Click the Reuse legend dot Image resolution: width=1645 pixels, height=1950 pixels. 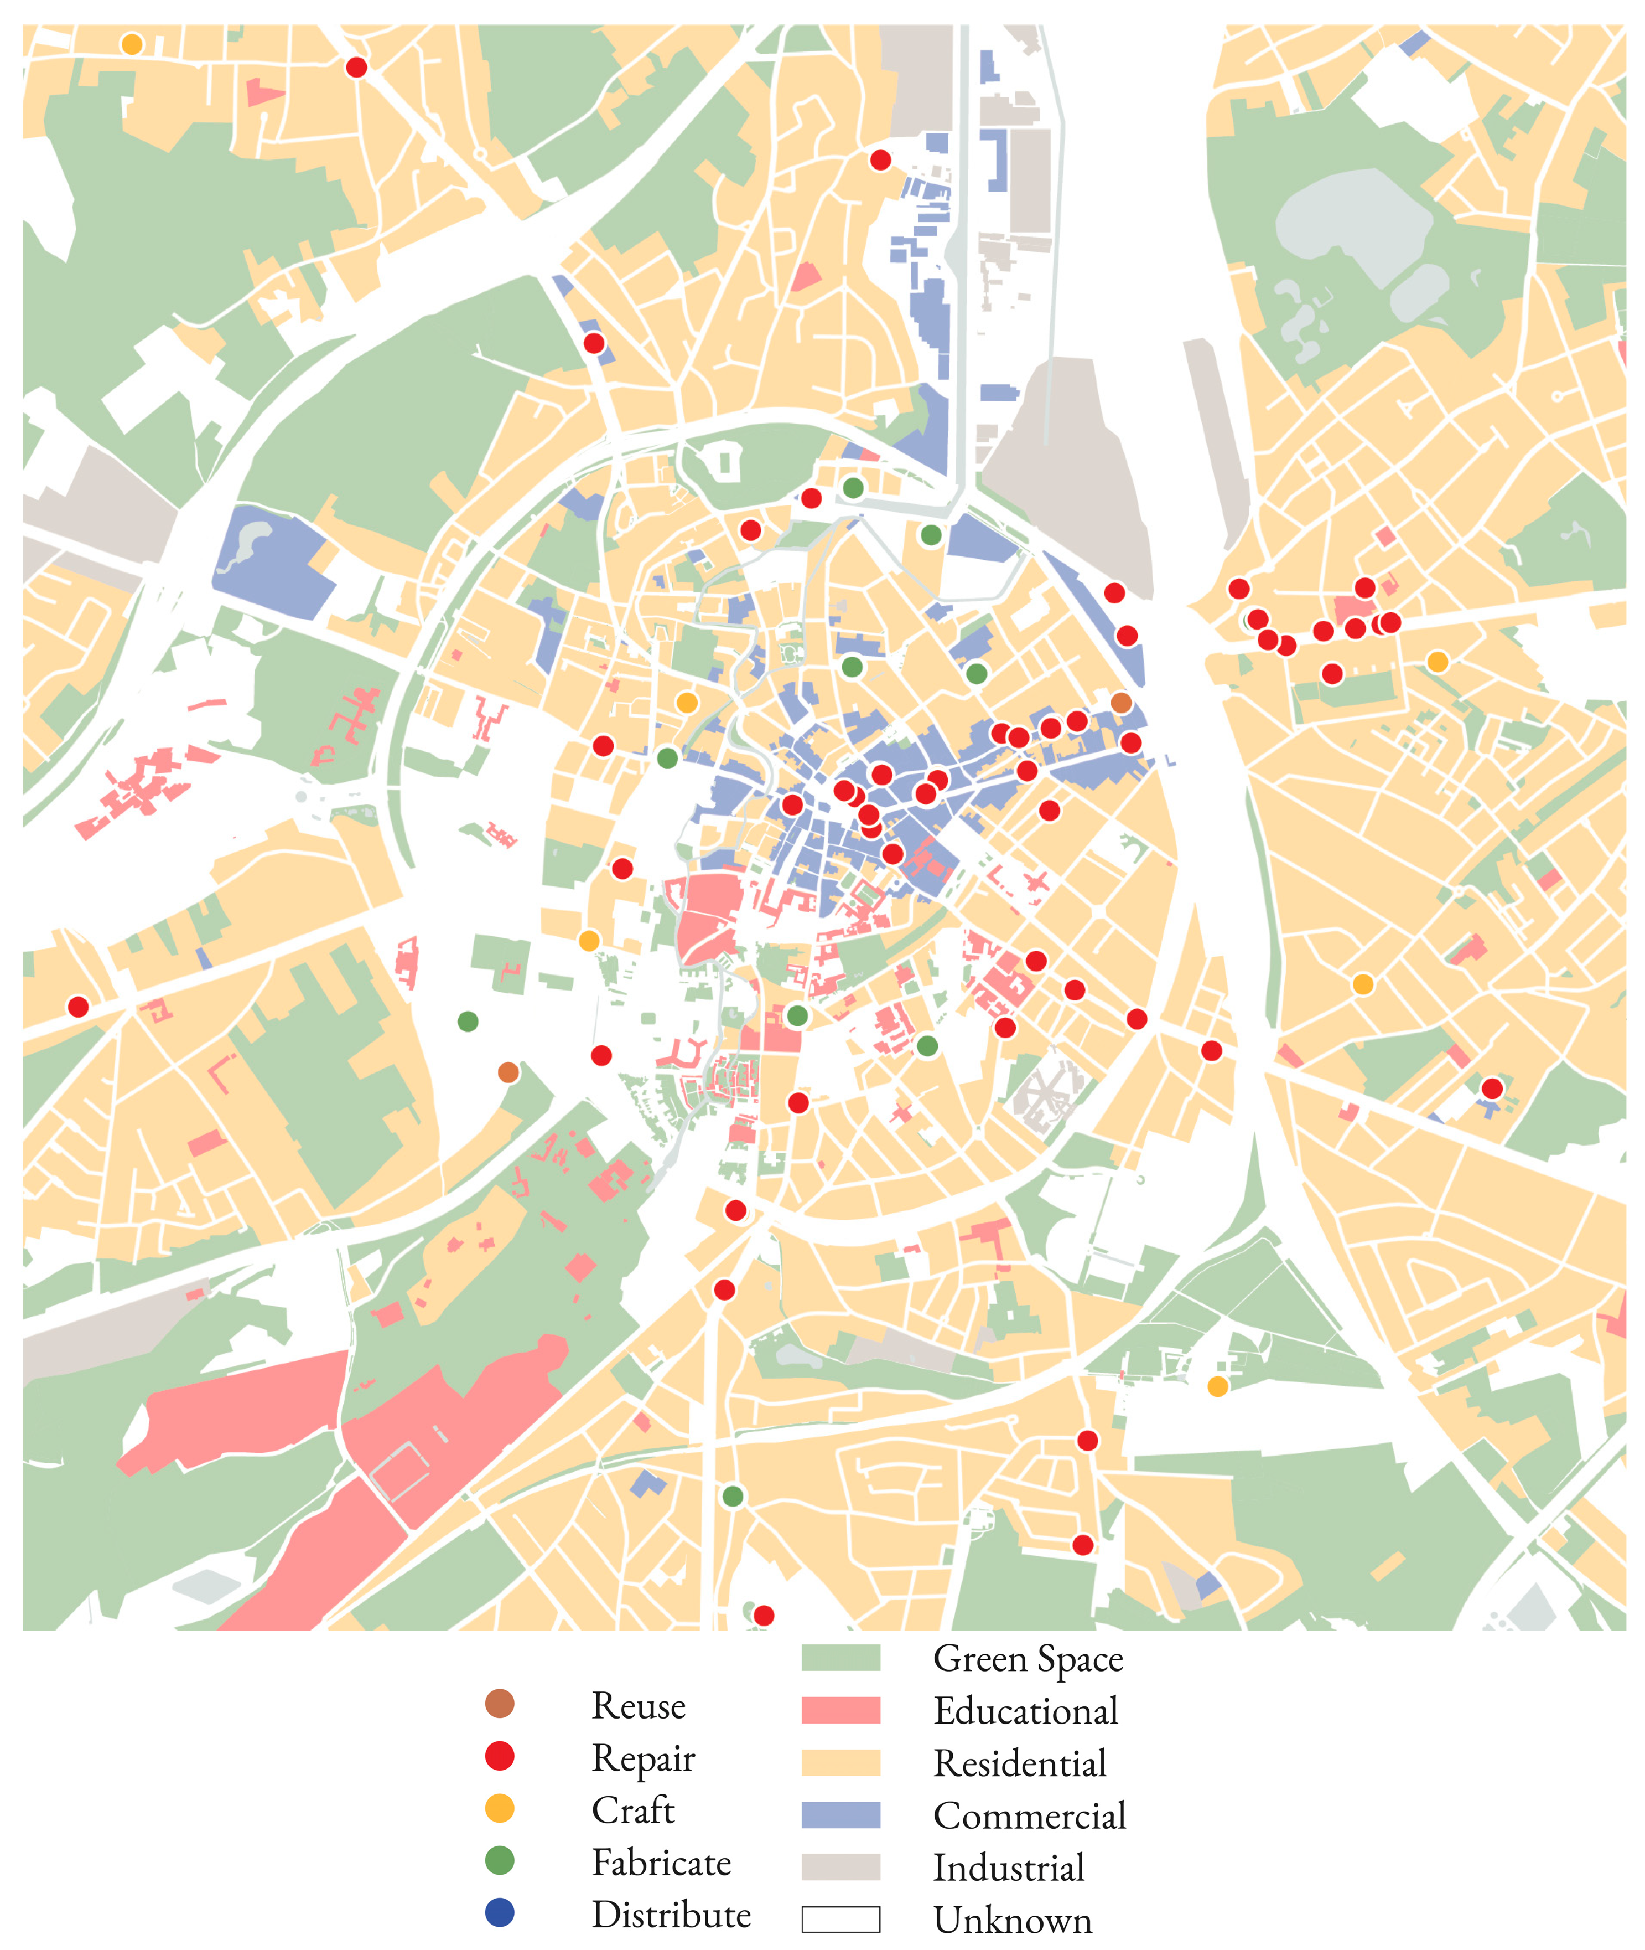(500, 1704)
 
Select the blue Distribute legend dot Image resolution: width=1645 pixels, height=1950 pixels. (500, 1913)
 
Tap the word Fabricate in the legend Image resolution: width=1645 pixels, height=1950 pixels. (661, 1863)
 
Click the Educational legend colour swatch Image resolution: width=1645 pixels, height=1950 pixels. (840, 1710)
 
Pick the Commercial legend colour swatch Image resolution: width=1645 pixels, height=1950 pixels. (840, 1815)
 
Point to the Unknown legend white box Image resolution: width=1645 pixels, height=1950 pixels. (840, 1919)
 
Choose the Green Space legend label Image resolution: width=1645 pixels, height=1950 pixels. (1028, 1659)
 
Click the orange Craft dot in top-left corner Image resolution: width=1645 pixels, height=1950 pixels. (132, 44)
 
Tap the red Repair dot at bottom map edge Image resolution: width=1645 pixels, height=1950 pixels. (764, 1615)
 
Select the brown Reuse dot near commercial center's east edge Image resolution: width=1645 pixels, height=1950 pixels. (1121, 703)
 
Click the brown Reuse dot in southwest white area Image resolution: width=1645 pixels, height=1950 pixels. (508, 1072)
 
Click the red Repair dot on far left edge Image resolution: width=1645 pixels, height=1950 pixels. (79, 1007)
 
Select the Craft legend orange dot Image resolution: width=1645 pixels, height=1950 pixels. (500, 1808)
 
